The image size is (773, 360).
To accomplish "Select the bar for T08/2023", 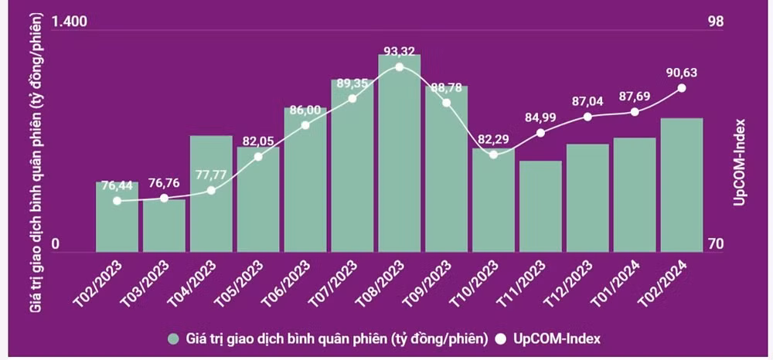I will (399, 155).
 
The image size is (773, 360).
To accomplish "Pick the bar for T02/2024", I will (681, 185).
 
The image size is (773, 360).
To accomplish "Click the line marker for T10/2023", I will (493, 155).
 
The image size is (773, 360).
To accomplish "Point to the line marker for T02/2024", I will (681, 88).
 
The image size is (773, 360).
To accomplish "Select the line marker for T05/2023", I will (258, 157).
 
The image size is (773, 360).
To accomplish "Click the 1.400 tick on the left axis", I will (70, 22).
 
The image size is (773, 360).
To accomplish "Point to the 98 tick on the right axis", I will (716, 22).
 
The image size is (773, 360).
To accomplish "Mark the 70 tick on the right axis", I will (716, 244).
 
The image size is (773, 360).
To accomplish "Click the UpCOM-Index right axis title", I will (740, 162).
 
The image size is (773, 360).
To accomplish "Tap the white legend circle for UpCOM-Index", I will (502, 338).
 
